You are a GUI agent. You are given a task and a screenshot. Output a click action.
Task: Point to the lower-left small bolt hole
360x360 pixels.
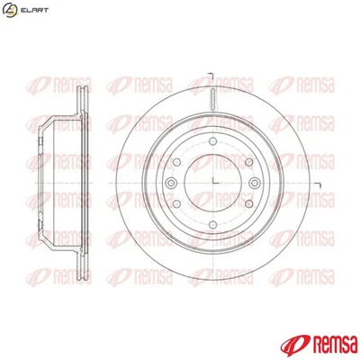pos(184,205)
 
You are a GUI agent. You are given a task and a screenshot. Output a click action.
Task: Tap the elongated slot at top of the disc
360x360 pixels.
pos(213,98)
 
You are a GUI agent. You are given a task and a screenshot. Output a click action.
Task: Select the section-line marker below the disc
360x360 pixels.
pos(207,297)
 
